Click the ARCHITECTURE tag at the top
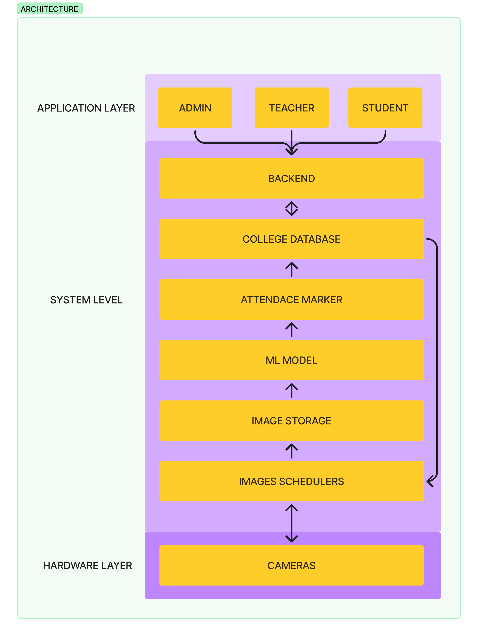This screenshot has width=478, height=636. tap(49, 9)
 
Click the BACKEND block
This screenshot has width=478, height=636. tap(291, 178)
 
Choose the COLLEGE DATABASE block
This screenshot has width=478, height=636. tap(291, 239)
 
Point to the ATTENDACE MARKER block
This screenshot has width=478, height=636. tap(291, 300)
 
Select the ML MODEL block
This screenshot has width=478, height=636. tap(291, 360)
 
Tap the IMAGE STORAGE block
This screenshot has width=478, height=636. tap(291, 421)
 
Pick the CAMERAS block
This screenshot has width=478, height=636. tap(291, 565)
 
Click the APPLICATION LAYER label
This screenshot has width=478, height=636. tap(86, 108)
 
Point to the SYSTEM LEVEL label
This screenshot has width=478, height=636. tap(86, 300)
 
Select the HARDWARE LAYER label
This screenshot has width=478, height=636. tap(88, 566)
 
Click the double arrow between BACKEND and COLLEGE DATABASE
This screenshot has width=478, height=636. tap(291, 208)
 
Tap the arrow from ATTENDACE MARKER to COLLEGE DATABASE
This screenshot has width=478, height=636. tap(291, 269)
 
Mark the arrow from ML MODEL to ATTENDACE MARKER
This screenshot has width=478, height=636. tap(291, 330)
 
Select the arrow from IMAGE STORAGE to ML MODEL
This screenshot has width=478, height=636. tap(291, 391)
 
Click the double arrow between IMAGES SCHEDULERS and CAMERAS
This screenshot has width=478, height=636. tap(291, 523)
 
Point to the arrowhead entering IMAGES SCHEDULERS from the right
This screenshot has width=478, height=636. tap(430, 481)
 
